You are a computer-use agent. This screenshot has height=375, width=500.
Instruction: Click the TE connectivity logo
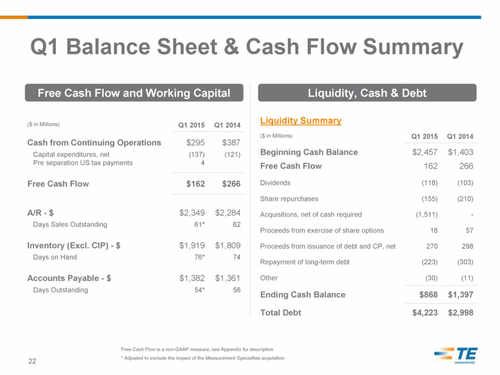456,355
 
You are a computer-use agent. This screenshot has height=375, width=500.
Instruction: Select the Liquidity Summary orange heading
301,121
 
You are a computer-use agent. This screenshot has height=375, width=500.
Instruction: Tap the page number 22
32,361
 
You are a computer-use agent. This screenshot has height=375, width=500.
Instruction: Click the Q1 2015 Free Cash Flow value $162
196,184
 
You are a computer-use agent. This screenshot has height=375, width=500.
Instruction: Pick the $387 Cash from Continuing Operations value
231,142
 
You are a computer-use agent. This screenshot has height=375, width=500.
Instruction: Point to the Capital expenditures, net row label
71,154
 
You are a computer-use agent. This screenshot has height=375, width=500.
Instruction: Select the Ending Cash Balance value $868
428,295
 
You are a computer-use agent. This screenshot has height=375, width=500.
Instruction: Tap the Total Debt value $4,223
425,313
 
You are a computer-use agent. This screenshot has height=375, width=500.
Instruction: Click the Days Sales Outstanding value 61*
199,224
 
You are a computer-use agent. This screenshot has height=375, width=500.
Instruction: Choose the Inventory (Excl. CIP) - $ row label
74,246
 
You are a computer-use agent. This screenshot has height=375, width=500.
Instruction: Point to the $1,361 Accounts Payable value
228,278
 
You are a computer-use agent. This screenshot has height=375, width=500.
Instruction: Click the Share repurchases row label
289,199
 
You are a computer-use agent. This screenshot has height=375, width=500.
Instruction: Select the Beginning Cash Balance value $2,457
425,152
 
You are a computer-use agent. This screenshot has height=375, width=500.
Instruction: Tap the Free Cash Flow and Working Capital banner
134,93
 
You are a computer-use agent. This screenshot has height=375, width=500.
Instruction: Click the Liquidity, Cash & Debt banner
367,93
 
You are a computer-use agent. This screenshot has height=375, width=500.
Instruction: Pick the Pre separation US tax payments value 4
203,163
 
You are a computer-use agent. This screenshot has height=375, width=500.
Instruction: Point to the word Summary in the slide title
413,47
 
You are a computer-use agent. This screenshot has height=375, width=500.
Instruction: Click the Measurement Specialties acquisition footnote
203,358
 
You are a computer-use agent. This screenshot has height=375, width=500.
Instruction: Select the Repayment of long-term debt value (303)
465,262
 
